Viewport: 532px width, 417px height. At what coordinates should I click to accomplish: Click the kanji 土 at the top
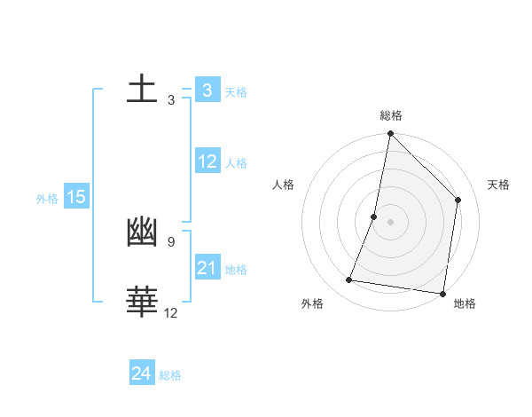[x=142, y=90]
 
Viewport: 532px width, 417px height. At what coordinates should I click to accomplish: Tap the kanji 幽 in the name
[x=142, y=232]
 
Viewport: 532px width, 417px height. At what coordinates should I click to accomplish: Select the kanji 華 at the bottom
[x=142, y=303]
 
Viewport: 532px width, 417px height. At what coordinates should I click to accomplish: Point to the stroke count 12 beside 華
[x=170, y=312]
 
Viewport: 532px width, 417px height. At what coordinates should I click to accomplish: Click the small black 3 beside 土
[x=170, y=100]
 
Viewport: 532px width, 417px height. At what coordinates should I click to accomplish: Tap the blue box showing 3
[x=207, y=90]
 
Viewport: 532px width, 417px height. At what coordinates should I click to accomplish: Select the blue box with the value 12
[x=207, y=161]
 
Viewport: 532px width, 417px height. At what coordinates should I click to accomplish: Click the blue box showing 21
[x=207, y=268]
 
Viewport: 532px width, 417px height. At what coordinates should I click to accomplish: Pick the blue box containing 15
[x=76, y=197]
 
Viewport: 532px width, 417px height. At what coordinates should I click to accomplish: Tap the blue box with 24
[x=142, y=374]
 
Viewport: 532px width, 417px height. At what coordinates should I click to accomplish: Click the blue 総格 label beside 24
[x=170, y=375]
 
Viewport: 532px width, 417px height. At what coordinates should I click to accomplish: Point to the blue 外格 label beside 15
[x=47, y=199]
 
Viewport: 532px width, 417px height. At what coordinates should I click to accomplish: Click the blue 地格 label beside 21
[x=236, y=270]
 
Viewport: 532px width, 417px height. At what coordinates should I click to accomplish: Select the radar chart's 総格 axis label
[x=391, y=115]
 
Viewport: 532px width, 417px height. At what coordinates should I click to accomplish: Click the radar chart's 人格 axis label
[x=284, y=185]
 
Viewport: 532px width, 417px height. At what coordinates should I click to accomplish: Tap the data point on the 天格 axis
[x=458, y=200]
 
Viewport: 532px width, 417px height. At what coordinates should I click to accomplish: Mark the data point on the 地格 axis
[x=442, y=293]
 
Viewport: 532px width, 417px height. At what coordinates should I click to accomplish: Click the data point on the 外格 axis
[x=349, y=280]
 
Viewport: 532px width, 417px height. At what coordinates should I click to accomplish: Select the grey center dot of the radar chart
[x=390, y=222]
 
